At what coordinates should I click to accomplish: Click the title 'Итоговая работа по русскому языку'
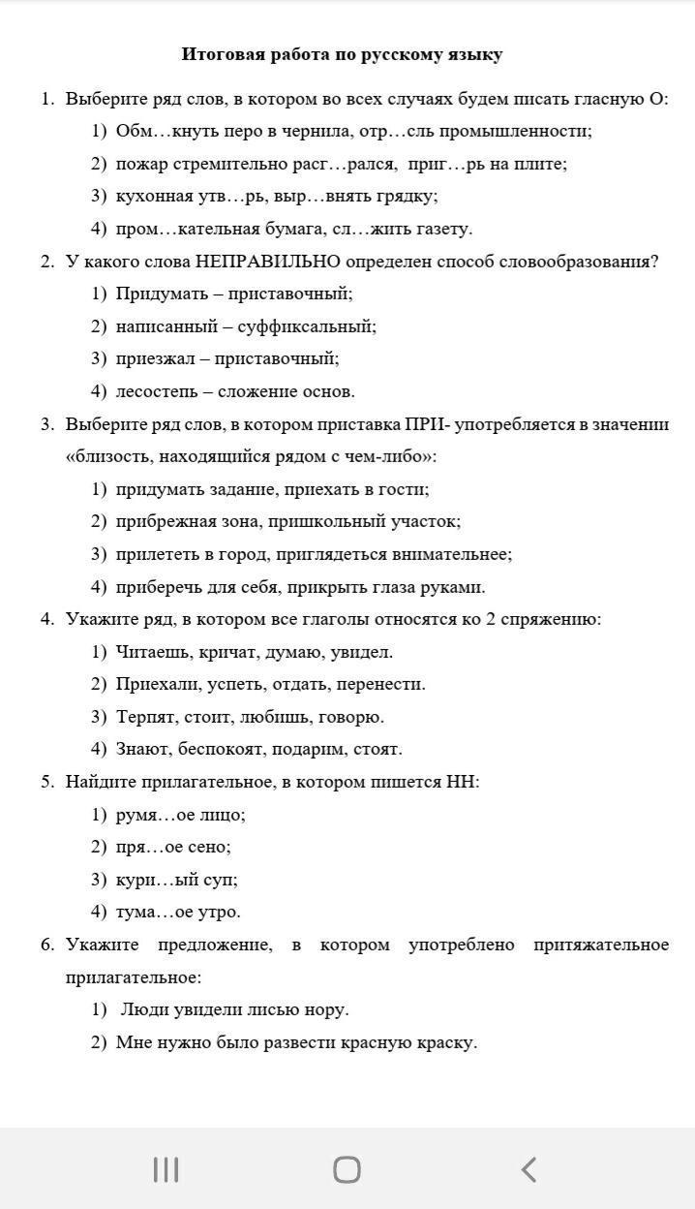click(x=342, y=54)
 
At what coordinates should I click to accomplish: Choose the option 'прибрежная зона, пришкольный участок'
click(x=287, y=521)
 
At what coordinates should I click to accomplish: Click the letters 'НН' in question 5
click(x=462, y=782)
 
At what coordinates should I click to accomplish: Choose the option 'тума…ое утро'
click(x=178, y=912)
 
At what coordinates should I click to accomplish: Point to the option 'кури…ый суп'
click(x=176, y=880)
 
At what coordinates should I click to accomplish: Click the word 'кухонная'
click(x=152, y=196)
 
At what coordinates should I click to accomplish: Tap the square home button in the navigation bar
click(x=347, y=1169)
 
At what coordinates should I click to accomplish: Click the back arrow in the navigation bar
click(x=529, y=1169)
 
